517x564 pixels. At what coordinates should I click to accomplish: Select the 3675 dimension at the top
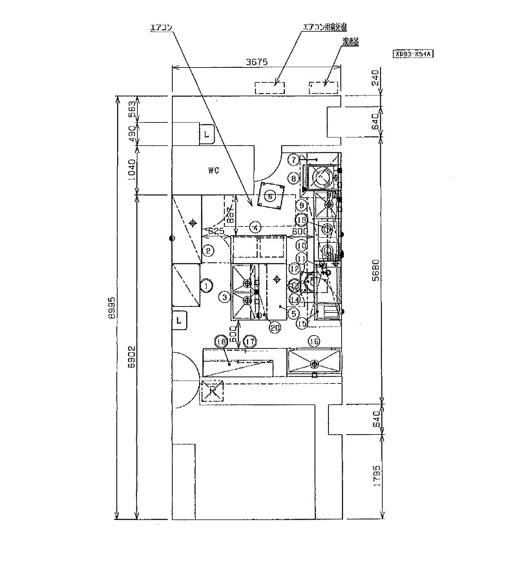coord(258,62)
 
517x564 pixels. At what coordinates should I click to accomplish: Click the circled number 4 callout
coord(256,227)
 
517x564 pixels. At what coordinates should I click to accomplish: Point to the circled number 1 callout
coord(206,285)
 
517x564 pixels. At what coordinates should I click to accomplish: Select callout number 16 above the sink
coord(314,341)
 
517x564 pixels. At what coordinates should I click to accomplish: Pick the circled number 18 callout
coord(223,341)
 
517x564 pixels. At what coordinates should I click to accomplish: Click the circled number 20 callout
coord(275,328)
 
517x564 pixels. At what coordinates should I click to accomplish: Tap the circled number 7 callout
coord(293,159)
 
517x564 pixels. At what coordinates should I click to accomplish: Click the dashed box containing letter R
coord(212,391)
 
